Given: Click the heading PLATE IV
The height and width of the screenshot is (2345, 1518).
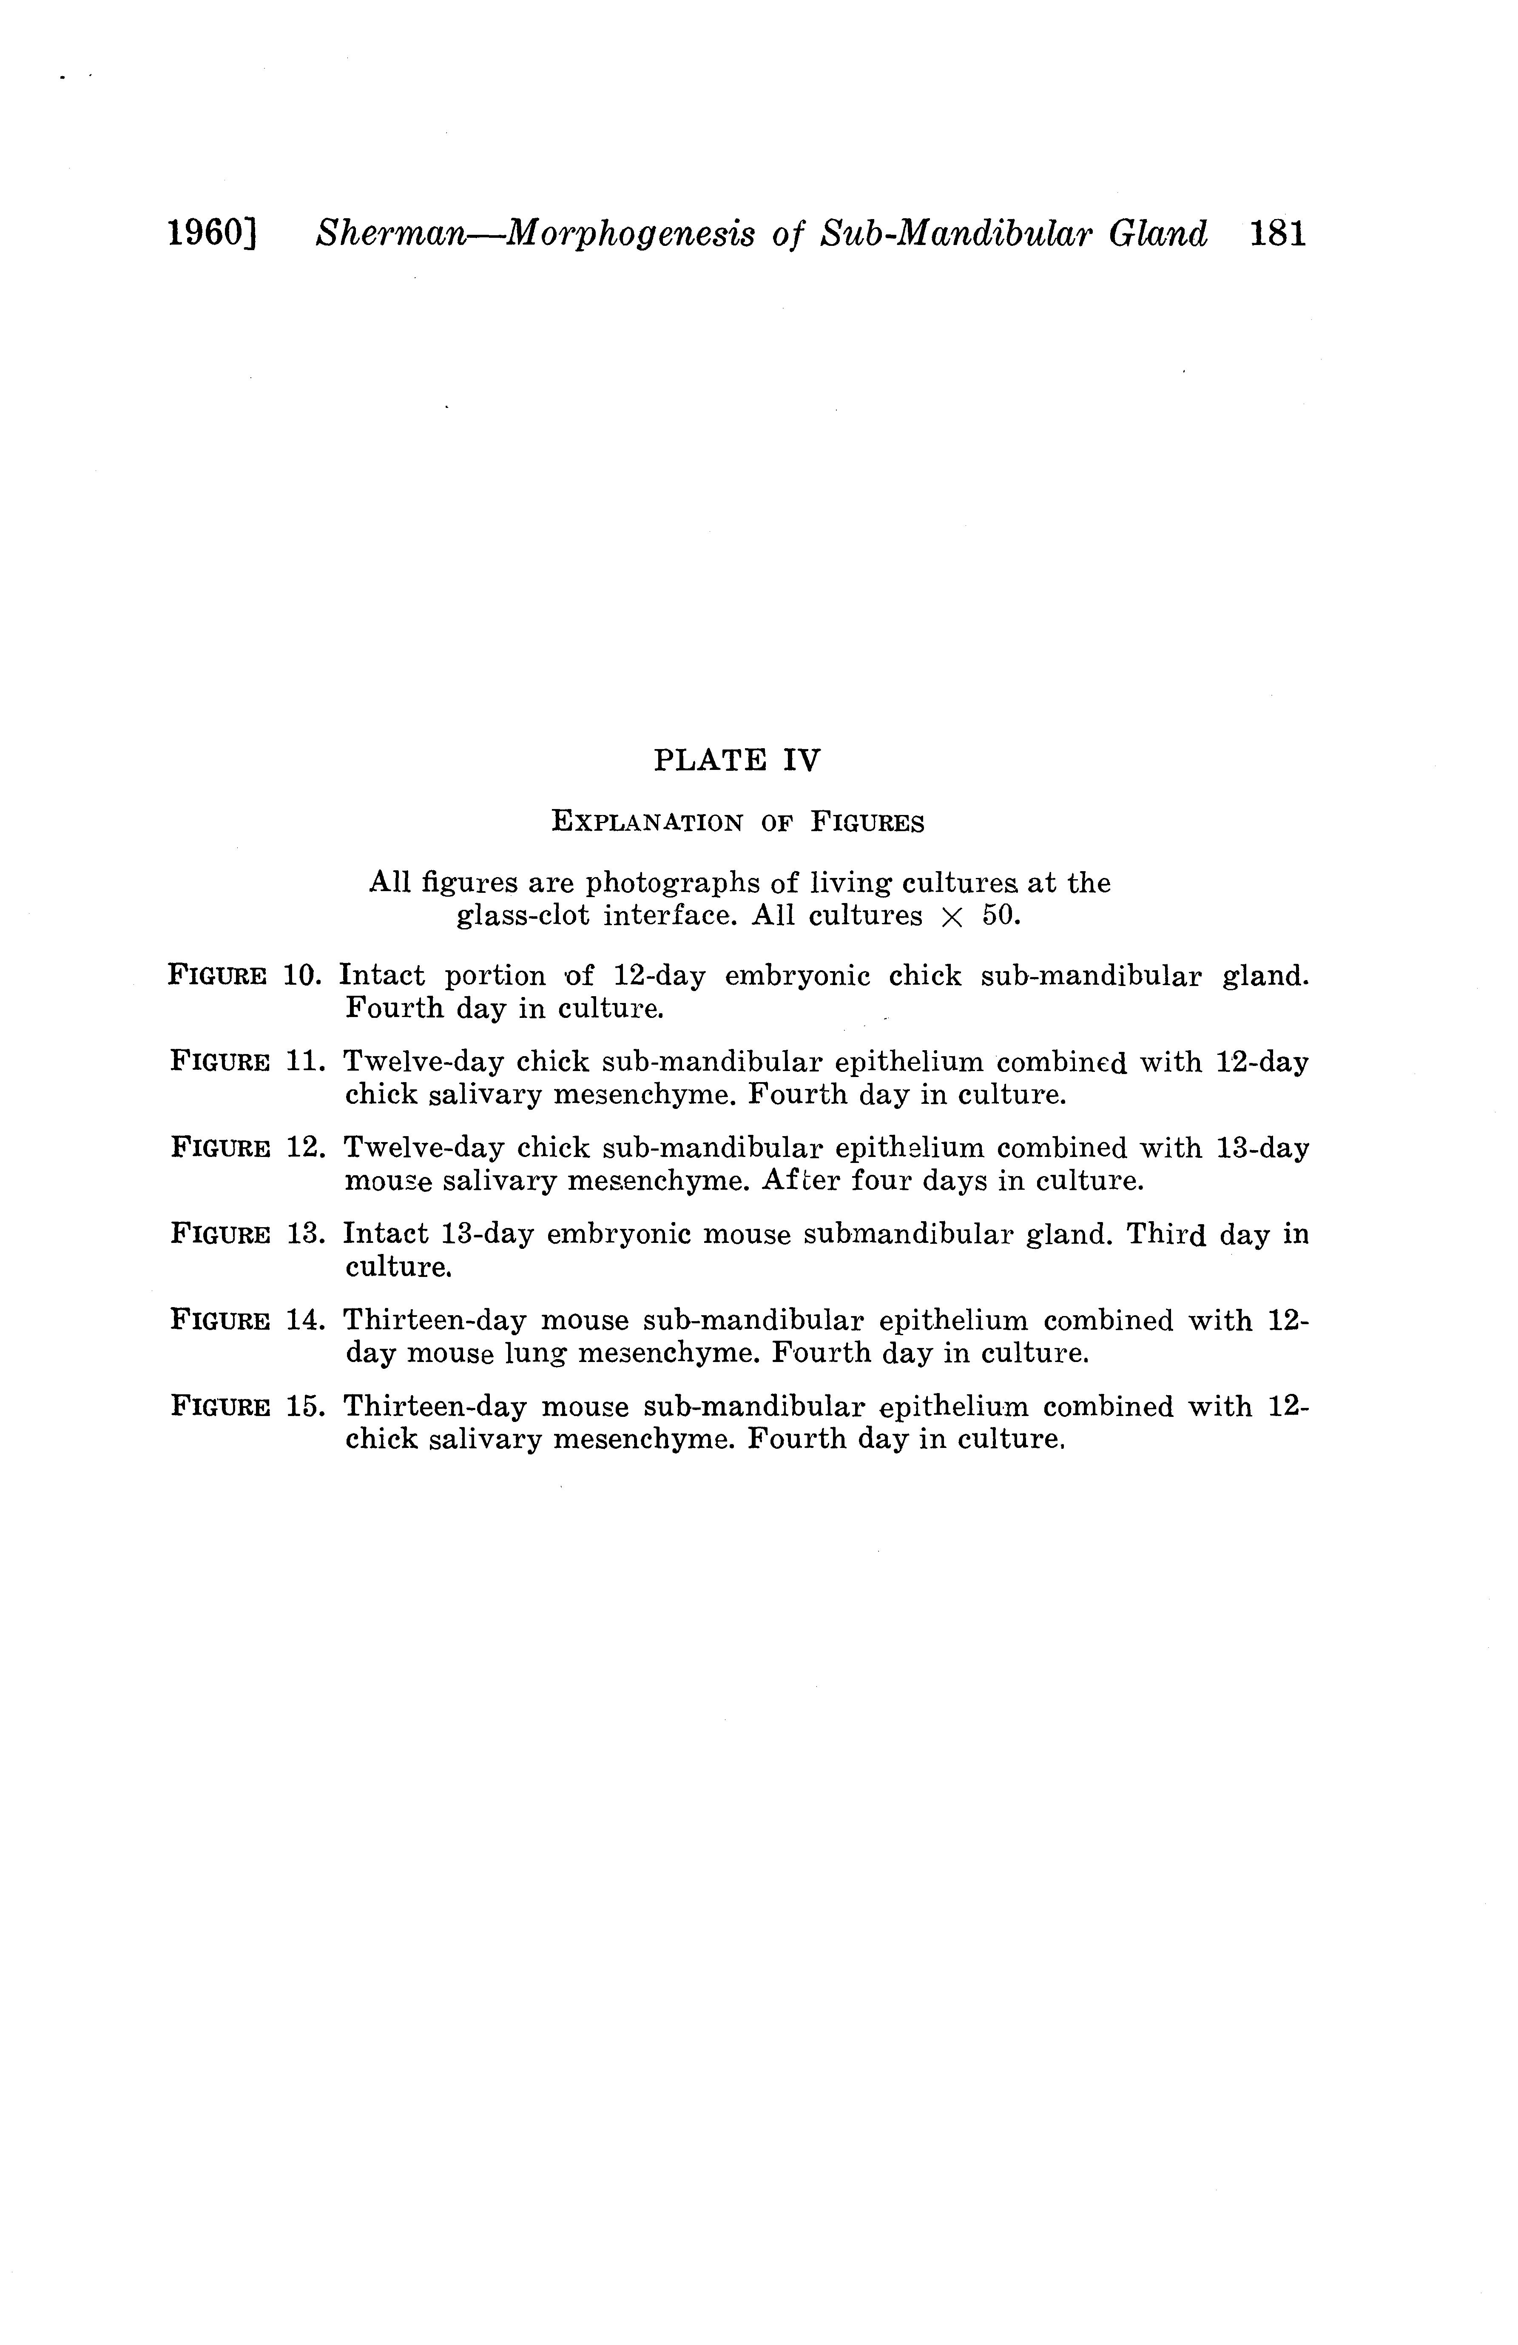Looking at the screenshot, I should point(737,761).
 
